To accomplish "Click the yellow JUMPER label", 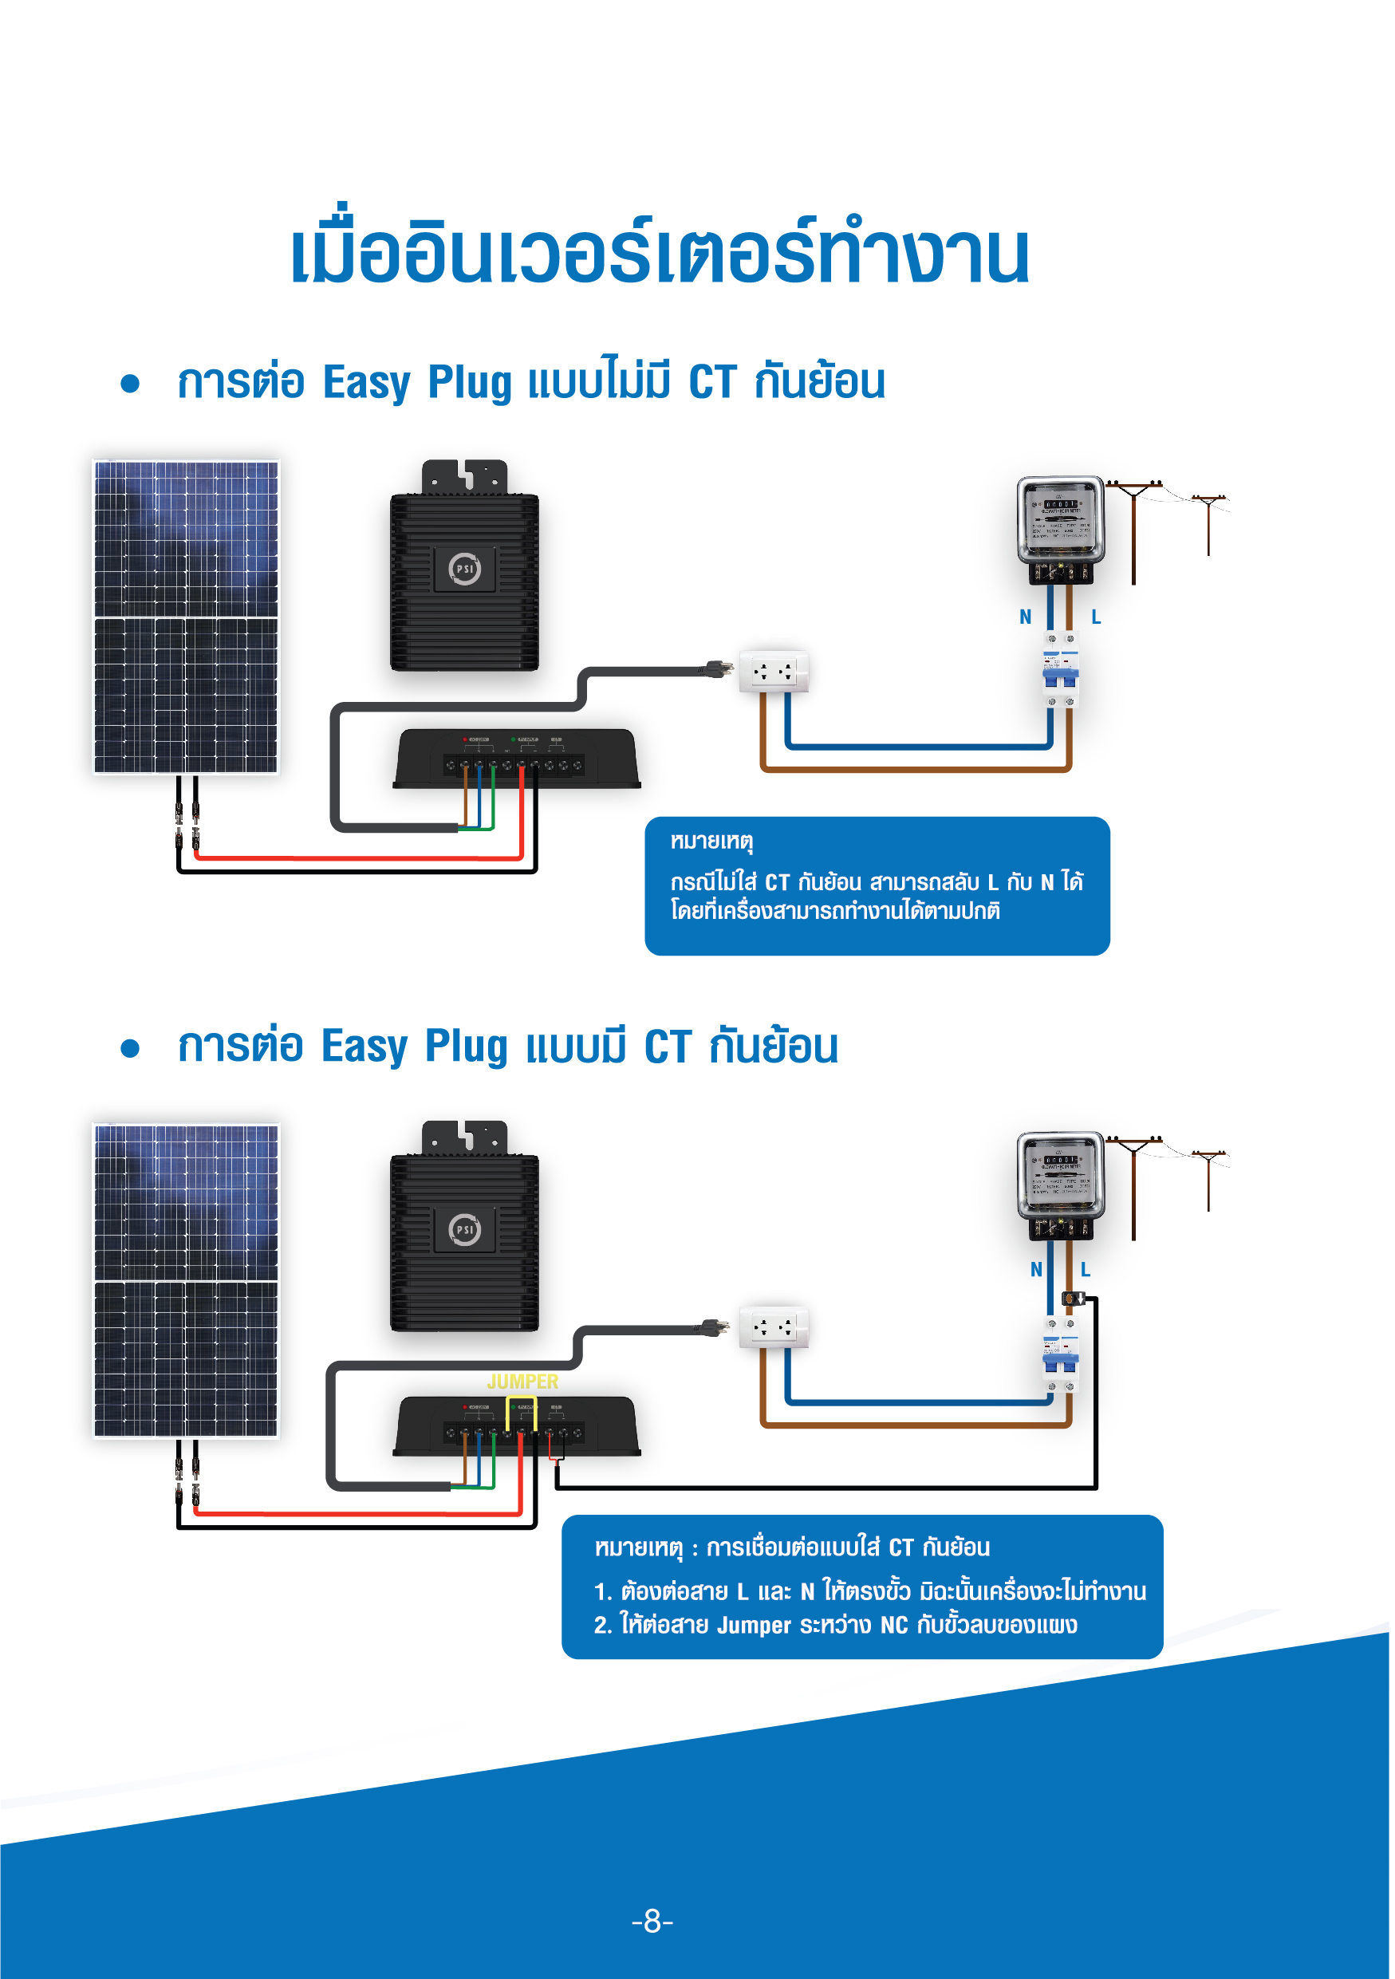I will coord(522,1381).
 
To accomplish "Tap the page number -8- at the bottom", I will coord(652,1921).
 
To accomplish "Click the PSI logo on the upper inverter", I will coord(464,569).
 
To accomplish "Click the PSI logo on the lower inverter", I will coord(464,1229).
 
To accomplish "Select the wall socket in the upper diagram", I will coord(774,672).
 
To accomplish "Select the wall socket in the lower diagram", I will coord(774,1327).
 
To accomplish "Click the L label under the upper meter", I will coord(1096,617).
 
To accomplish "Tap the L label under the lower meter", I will coord(1086,1270).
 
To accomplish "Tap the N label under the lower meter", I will coord(1037,1270).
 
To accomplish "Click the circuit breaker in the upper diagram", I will coord(1061,671).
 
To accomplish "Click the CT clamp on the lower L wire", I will coord(1071,1298).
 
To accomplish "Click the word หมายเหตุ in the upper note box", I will coord(711,841).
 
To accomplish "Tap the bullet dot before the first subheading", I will coord(130,384).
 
